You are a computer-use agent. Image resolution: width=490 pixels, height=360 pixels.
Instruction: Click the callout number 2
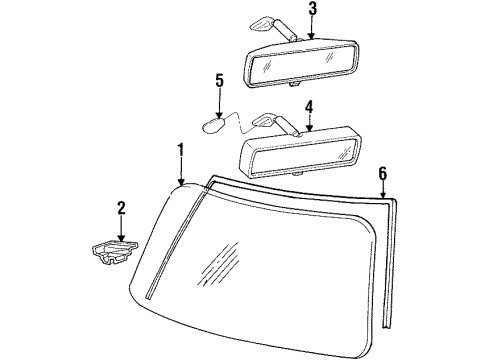[121, 208]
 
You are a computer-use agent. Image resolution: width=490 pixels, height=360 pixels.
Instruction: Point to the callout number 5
[220, 79]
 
